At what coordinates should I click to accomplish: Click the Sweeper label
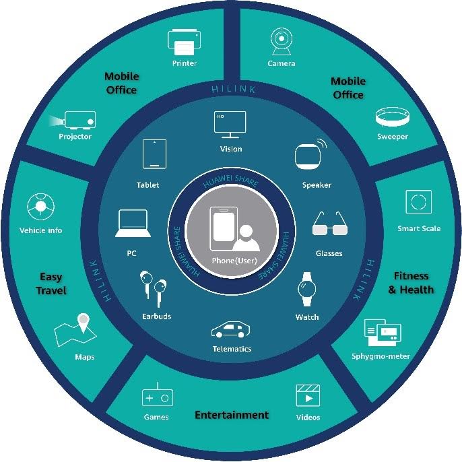coord(392,137)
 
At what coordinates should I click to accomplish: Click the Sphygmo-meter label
coord(381,356)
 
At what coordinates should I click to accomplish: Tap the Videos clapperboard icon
coord(308,396)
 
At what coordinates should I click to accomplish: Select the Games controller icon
coord(157,397)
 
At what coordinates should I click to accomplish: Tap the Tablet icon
coord(154,154)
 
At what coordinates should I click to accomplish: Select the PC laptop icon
coord(131,224)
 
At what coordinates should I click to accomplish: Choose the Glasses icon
coord(329,224)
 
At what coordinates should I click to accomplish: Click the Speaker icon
coord(310,156)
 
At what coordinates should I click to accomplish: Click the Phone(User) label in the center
coord(230,260)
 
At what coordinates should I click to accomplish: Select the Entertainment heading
coord(232,415)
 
